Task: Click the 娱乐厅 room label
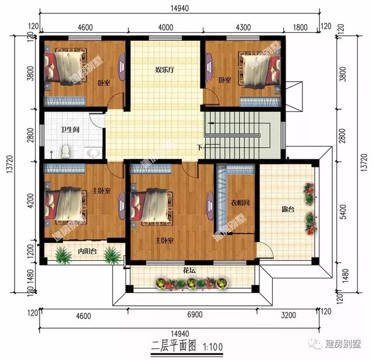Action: coord(166,69)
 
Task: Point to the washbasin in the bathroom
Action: coord(92,153)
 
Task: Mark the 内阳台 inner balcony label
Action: coord(87,251)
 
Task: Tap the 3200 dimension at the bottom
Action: coord(289,316)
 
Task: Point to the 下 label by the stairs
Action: coord(199,147)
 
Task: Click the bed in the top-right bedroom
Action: coord(256,69)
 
